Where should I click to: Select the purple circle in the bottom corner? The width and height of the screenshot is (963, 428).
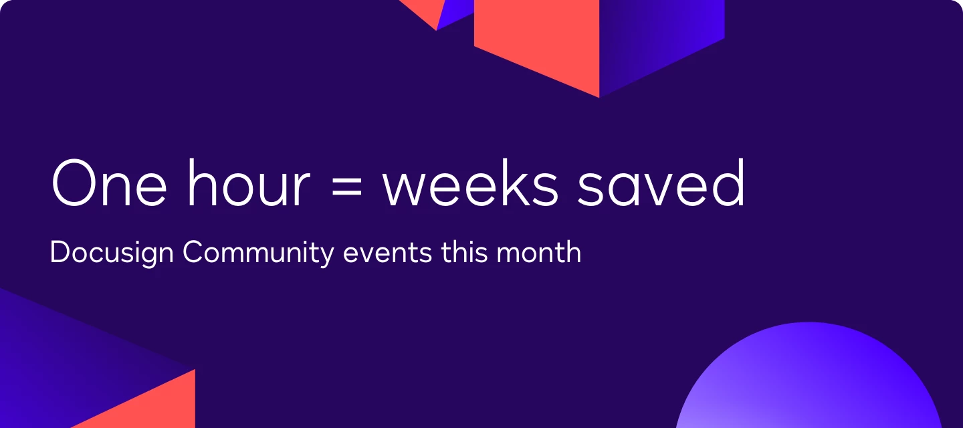coord(809,381)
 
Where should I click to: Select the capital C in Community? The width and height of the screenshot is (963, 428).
coord(193,253)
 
